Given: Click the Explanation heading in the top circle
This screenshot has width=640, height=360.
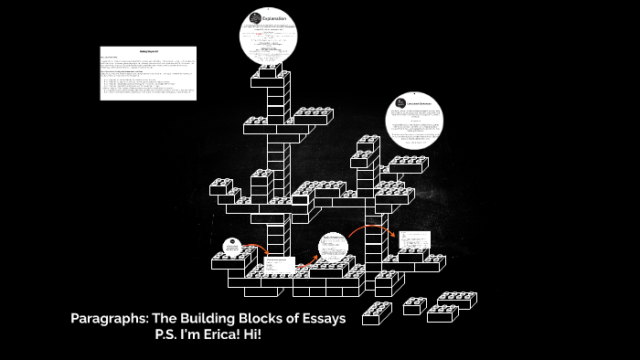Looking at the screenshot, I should click(x=276, y=18).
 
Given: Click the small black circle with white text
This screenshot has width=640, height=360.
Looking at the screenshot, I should click(x=232, y=248).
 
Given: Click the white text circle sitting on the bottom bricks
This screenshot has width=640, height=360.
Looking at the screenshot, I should click(x=335, y=248).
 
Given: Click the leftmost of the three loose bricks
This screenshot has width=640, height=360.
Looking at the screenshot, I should click(x=376, y=313).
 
